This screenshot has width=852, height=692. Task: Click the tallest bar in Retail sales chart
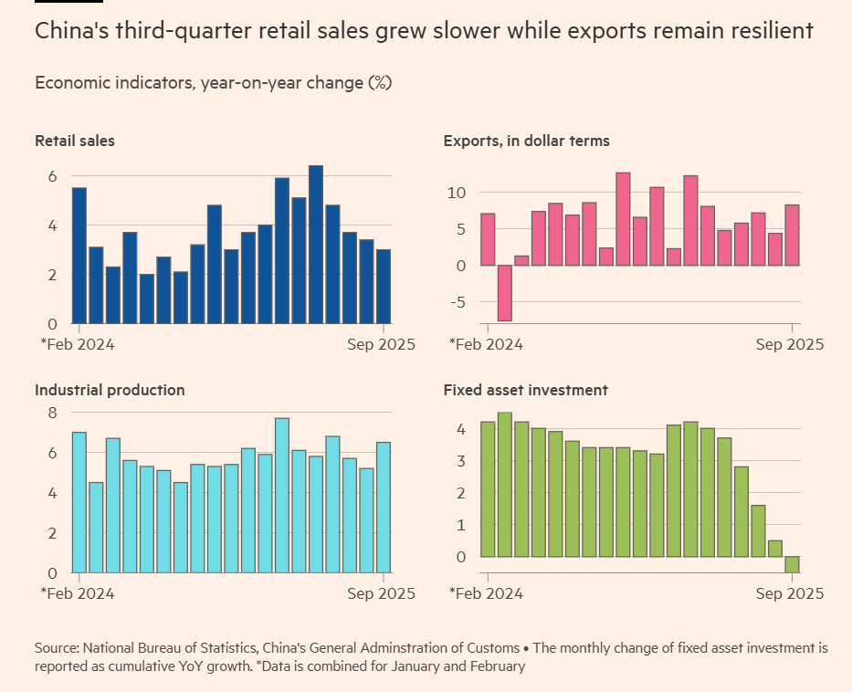tap(316, 245)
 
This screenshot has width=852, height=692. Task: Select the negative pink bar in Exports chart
tap(504, 293)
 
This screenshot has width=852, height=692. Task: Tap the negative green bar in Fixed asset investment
tap(792, 564)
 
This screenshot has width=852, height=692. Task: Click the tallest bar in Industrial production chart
tap(282, 495)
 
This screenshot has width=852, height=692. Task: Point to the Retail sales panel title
tap(75, 141)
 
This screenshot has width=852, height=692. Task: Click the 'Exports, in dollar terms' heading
tap(526, 141)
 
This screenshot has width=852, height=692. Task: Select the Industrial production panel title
tap(110, 390)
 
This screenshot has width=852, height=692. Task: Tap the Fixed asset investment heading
tap(525, 390)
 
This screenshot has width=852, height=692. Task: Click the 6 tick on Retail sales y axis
tap(52, 176)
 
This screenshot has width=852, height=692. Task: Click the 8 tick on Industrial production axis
tap(52, 413)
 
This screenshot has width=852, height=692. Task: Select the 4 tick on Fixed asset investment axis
tap(462, 429)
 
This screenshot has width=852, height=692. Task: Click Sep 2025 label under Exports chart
tap(789, 344)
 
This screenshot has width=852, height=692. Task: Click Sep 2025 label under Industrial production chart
tap(380, 593)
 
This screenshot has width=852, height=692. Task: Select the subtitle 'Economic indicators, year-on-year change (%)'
tap(213, 83)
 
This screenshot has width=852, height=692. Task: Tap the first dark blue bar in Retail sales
tap(79, 256)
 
